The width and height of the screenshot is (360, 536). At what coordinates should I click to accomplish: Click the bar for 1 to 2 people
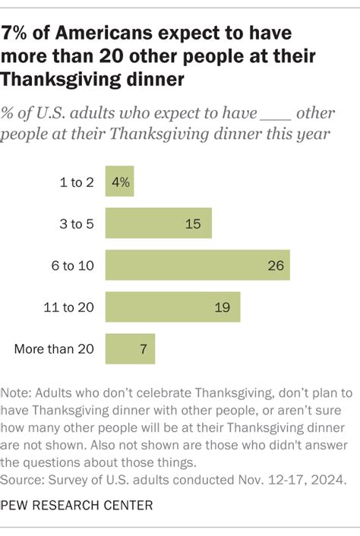(119, 182)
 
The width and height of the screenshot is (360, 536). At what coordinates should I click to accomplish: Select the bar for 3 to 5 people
(158, 223)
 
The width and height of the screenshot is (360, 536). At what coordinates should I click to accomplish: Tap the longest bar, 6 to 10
(197, 265)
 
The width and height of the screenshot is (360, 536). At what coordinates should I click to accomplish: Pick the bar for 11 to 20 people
(172, 307)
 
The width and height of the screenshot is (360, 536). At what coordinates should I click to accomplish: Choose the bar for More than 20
(130, 348)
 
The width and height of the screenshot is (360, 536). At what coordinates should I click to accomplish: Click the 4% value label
(121, 182)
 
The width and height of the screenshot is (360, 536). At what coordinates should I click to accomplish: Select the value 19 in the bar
(224, 307)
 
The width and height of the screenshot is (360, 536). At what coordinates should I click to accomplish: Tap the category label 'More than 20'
(55, 349)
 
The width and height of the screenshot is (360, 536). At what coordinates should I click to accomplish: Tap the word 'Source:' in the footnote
(25, 479)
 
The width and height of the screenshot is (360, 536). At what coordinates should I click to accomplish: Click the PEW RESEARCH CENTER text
(77, 505)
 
